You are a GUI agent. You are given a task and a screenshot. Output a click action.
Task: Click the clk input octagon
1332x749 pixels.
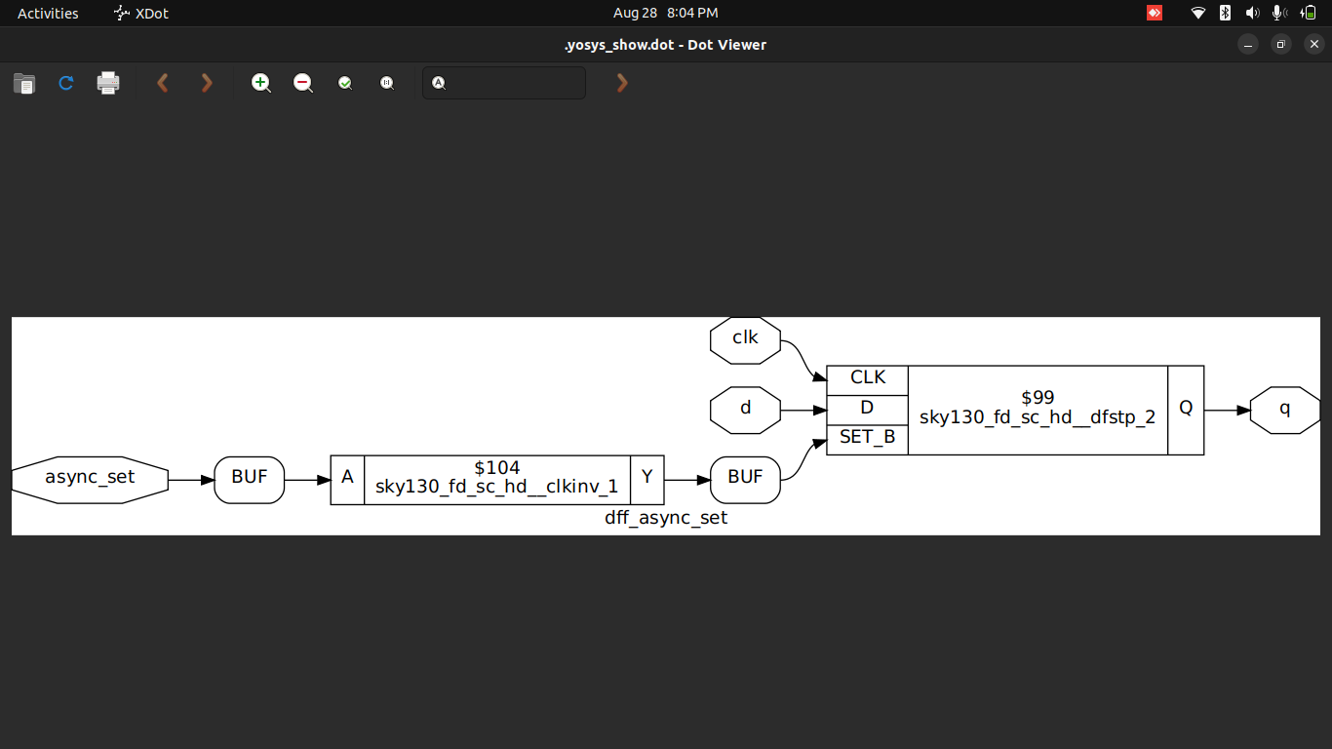[x=746, y=339]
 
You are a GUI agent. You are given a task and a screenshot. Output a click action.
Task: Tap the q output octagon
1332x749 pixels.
[x=1284, y=410]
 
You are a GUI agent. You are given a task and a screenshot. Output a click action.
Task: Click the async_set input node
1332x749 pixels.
[x=90, y=479]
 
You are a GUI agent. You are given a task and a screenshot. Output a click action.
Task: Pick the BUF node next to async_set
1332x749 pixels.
[x=249, y=479]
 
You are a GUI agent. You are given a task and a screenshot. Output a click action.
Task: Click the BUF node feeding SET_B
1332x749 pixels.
[x=745, y=479]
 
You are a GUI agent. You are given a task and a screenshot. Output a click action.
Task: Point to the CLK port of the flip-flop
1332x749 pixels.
[x=867, y=379]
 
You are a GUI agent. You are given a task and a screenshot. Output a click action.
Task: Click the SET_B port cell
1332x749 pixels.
[x=867, y=439]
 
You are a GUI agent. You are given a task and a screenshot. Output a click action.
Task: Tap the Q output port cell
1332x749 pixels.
[x=1186, y=410]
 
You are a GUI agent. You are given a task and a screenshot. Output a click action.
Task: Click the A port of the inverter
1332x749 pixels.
[x=347, y=479]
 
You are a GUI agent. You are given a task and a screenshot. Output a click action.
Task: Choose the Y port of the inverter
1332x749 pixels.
[x=646, y=479]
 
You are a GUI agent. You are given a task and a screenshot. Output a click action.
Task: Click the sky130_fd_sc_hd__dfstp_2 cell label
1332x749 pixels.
[x=1038, y=418]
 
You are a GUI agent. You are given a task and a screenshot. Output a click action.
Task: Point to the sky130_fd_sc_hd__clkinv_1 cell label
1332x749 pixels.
[x=496, y=488]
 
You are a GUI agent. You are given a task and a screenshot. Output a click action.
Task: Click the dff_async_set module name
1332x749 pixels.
[x=666, y=519]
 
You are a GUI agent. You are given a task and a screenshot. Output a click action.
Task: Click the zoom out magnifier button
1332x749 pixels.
[x=303, y=83]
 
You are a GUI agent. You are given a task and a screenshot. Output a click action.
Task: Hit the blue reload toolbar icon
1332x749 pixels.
[x=66, y=83]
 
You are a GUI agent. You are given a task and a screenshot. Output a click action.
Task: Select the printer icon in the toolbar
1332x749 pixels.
[x=108, y=83]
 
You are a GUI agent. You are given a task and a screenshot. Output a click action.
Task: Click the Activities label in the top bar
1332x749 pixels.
[x=48, y=13]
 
